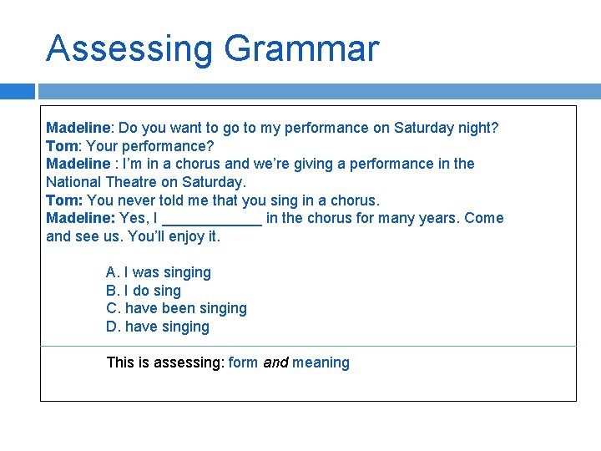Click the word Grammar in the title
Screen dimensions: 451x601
pyautogui.click(x=301, y=49)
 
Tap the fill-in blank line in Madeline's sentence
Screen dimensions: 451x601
pyautogui.click(x=212, y=219)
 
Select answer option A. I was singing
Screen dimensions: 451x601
pyautogui.click(x=159, y=272)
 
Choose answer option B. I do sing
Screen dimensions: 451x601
pyautogui.click(x=144, y=291)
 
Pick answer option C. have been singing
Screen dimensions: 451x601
pyautogui.click(x=176, y=308)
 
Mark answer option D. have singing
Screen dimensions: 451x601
pyautogui.click(x=158, y=327)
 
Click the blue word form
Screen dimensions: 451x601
pyautogui.click(x=243, y=362)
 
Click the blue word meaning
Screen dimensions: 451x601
pyautogui.click(x=321, y=362)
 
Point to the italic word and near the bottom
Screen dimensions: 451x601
pyautogui.click(x=275, y=362)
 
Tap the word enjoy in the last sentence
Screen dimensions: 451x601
pyautogui.click(x=183, y=236)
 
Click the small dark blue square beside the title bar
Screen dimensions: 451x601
pyautogui.click(x=18, y=91)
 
